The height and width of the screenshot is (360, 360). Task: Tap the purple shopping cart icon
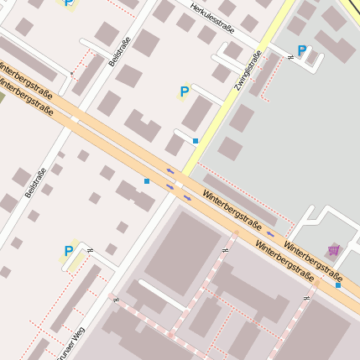pos(334,249)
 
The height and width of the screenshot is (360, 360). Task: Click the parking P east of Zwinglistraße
pos(302,50)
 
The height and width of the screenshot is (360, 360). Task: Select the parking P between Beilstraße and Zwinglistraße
pos(184,91)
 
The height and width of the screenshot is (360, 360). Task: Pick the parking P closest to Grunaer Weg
pos(69,250)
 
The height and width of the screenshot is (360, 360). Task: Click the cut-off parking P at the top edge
pos(68,3)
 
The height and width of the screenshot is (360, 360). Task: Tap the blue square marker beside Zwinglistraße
pos(196,141)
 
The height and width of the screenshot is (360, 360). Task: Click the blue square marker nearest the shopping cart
pos(338,285)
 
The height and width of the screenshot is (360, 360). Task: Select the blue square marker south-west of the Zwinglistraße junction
pos(146,181)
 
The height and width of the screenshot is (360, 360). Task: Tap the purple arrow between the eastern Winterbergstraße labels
pos(270,234)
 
